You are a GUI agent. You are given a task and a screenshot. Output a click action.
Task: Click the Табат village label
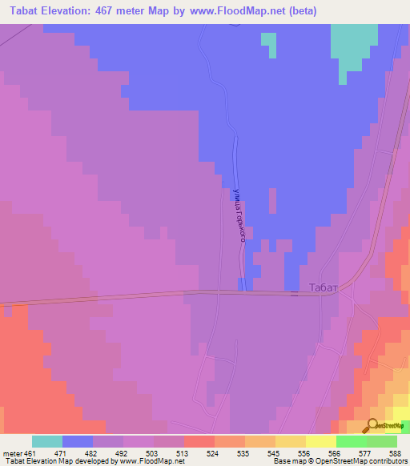point(324,287)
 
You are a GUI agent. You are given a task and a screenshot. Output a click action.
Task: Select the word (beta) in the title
point(303,11)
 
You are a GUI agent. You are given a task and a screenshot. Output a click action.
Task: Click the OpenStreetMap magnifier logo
point(373,426)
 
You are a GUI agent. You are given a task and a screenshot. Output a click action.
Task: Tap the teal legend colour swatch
point(47,441)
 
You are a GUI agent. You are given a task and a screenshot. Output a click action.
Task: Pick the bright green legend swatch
point(352,441)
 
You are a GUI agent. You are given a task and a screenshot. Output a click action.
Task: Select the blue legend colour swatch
point(78,441)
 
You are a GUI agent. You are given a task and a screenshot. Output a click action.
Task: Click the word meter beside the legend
point(15,452)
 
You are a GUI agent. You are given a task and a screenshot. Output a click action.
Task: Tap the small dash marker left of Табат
point(294,294)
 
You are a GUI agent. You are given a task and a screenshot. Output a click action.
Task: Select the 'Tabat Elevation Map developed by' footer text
point(59,461)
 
